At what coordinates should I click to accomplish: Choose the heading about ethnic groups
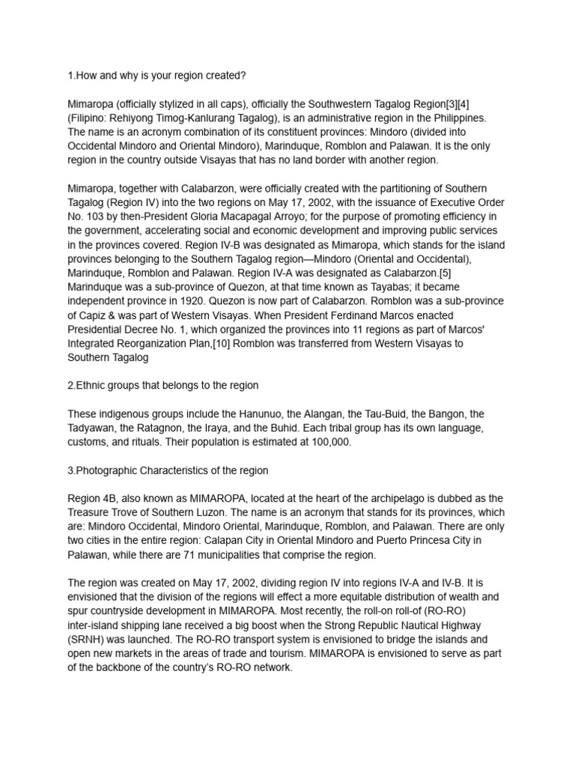click(x=163, y=386)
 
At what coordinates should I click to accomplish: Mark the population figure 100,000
click(x=328, y=442)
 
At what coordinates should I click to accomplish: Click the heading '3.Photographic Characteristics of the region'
click(x=168, y=470)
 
